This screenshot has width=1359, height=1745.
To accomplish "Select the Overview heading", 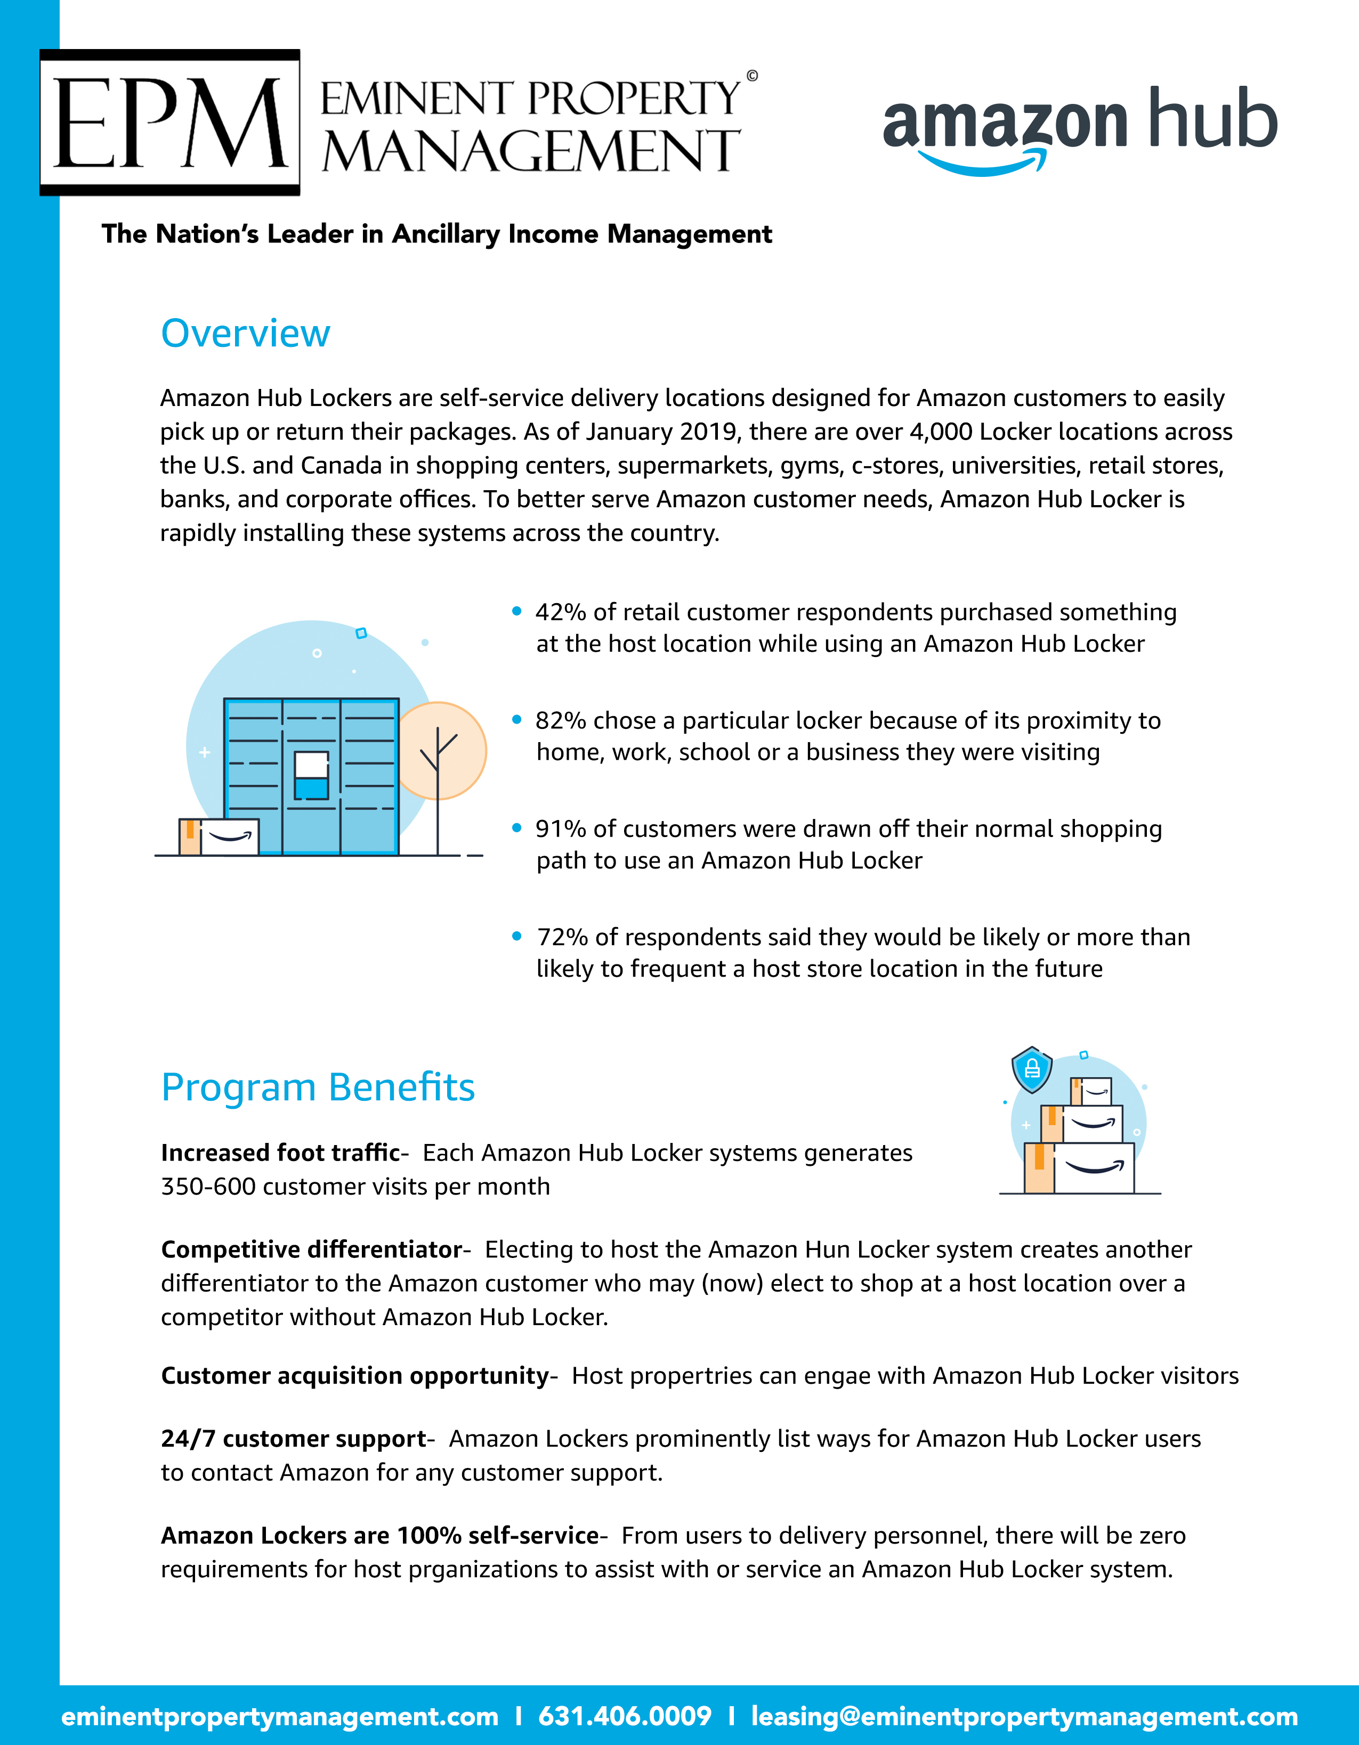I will [245, 333].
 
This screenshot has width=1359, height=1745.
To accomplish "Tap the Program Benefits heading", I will [318, 1087].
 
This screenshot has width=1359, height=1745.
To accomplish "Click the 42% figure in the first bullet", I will [560, 612].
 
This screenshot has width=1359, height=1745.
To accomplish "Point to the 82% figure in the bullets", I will [560, 721].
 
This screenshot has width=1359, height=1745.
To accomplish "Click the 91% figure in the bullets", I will [560, 829].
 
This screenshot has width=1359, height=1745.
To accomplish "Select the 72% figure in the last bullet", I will [562, 937].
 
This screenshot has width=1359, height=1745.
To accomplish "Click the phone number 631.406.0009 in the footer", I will [624, 1716].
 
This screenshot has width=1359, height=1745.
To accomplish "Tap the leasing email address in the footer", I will [1024, 1716].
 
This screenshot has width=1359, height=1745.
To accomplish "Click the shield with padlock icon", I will [1031, 1069].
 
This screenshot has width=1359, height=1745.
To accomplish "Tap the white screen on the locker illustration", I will [311, 765].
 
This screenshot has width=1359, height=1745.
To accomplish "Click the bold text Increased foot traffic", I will [280, 1153].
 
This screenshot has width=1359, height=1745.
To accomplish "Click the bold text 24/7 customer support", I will [293, 1439].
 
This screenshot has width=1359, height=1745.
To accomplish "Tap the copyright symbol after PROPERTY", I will [752, 76].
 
